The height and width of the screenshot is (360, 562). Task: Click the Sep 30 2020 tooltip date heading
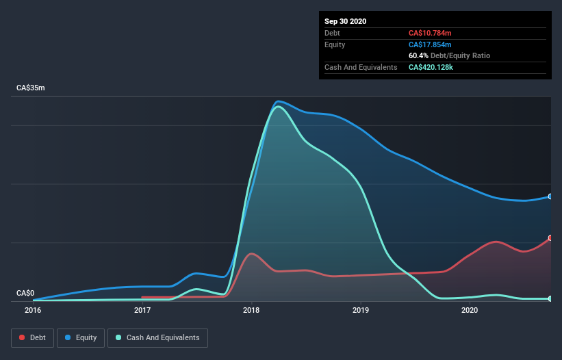345,21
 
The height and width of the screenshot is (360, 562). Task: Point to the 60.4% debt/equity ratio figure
419,55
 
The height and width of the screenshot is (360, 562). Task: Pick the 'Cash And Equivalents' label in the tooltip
361,67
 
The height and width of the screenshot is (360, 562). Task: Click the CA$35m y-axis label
31,88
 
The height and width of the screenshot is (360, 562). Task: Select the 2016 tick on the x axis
33,310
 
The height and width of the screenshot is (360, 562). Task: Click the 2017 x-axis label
142,310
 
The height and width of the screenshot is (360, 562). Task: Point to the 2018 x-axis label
252,310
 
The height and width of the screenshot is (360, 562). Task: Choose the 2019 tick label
361,310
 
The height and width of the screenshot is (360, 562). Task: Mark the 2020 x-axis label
470,310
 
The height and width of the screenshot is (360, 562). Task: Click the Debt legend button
32,337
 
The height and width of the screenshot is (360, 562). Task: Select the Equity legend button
81,337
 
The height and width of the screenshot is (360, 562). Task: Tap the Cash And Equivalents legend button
157,337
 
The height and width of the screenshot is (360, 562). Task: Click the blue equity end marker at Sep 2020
550,196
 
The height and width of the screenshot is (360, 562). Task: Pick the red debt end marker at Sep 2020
550,238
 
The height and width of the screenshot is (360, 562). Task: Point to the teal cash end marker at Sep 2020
550,299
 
